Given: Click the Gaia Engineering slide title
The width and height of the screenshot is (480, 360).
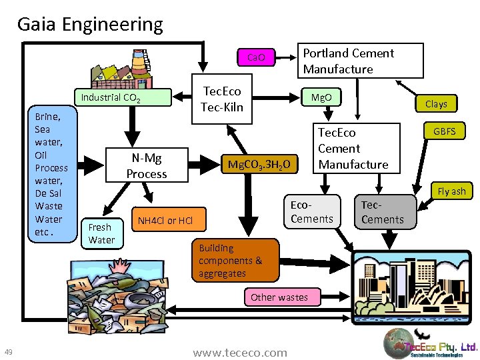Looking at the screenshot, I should coord(90,25).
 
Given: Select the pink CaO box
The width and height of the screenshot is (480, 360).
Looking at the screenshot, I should coord(257,57).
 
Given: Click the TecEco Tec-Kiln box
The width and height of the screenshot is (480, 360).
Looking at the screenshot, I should coord(223,99).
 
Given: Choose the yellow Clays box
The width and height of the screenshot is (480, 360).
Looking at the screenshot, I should coord(436,104).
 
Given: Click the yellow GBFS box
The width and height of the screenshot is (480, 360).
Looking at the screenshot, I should coord(445,131).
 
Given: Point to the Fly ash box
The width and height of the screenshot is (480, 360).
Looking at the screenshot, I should coord(451,191).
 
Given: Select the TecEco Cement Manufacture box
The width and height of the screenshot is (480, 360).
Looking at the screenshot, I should coord(353,149).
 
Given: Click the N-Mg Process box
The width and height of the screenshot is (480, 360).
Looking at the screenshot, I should coord(147,166).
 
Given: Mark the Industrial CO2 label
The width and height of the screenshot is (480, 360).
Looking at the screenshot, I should coord(110,99).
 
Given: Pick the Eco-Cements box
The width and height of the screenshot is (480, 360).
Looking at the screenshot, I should coord(311,212).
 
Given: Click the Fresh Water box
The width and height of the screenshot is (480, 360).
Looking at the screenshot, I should coord(101,233).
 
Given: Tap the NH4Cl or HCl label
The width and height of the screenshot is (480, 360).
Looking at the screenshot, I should coord(165,221).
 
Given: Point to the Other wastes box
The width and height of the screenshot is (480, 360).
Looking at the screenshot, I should coord(279,297).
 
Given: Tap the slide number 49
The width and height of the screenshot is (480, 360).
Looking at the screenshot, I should coord(9,352).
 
